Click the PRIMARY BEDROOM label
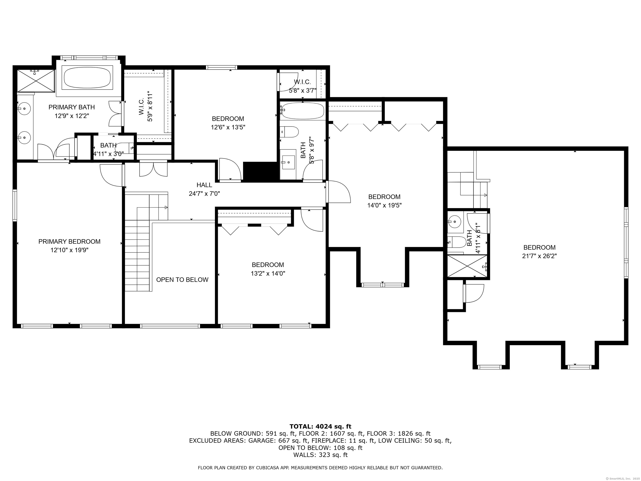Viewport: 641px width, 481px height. pyautogui.click(x=69, y=242)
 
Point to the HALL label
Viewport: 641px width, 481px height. pyautogui.click(x=204, y=185)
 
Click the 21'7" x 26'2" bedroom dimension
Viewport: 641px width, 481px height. pyautogui.click(x=539, y=256)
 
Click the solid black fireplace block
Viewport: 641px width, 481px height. pyautogui.click(x=260, y=171)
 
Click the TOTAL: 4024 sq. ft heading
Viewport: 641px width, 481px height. pyautogui.click(x=320, y=426)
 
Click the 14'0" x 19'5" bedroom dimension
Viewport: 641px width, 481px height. pyautogui.click(x=384, y=206)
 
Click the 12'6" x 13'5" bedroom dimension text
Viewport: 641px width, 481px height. pyautogui.click(x=228, y=127)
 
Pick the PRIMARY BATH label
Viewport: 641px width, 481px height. pyautogui.click(x=72, y=107)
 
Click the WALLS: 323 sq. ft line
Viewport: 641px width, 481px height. pyautogui.click(x=320, y=455)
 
